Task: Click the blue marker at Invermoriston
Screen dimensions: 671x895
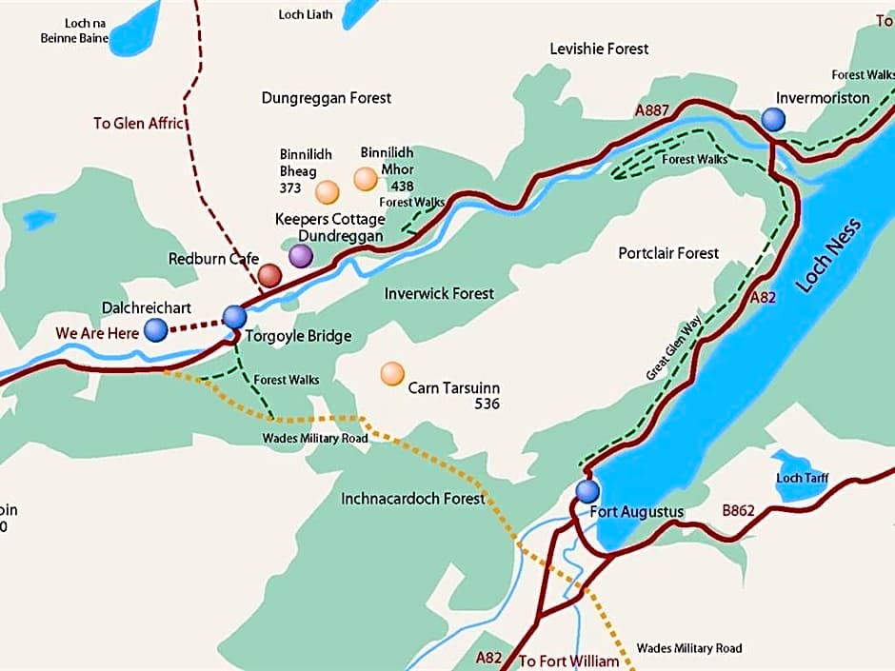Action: tap(773, 119)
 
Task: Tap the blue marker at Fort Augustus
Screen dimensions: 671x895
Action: tap(587, 491)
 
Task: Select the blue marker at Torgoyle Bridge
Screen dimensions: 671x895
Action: tap(234, 317)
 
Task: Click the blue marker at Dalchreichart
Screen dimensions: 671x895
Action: tap(155, 330)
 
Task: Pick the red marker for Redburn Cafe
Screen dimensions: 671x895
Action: tap(269, 276)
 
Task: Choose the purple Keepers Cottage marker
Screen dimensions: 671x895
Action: tap(301, 255)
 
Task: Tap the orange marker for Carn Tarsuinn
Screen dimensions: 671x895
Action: tap(391, 373)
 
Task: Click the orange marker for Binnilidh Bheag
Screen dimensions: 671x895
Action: tap(327, 192)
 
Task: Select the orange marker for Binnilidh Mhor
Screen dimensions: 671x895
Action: tap(366, 179)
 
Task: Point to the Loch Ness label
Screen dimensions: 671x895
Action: tap(830, 255)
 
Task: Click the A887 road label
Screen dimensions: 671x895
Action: tap(653, 110)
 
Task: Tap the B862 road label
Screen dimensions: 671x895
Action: tap(738, 511)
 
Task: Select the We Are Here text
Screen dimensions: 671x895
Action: tap(97, 333)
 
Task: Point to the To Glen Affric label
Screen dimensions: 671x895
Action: tap(139, 123)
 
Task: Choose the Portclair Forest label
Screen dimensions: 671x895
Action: tap(668, 253)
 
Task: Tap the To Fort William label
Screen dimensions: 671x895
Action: tap(568, 661)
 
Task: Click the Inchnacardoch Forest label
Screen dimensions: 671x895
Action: tap(412, 498)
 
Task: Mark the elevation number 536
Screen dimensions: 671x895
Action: tap(487, 404)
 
